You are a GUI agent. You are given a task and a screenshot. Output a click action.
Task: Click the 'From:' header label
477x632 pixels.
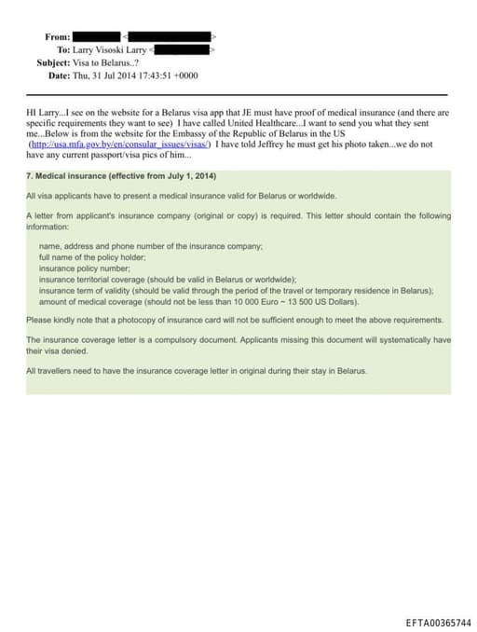pos(57,36)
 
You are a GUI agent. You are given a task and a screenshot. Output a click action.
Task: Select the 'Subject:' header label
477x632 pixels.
pos(52,62)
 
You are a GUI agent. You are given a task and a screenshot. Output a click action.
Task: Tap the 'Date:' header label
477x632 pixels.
pos(59,76)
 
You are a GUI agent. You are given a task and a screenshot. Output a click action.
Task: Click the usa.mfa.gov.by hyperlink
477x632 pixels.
pos(120,144)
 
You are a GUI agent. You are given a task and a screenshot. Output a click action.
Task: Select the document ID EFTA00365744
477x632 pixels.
pos(439,622)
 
